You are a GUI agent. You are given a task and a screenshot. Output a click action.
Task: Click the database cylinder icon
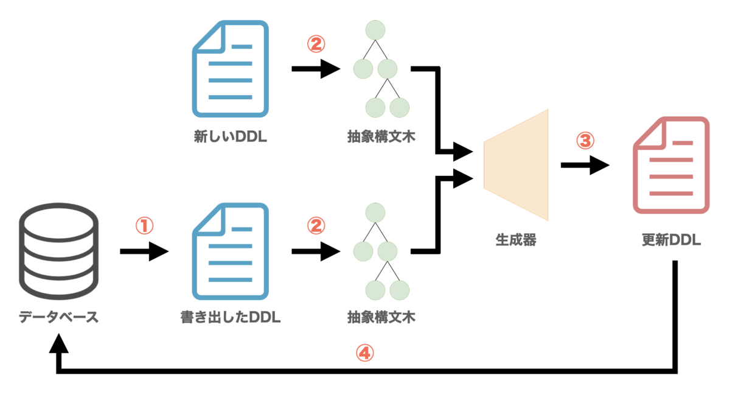click(58, 251)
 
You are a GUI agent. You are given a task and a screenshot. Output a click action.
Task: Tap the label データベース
click(58, 317)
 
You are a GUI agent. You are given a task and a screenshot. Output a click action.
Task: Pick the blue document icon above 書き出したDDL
click(231, 251)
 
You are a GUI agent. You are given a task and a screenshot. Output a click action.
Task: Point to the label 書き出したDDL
click(231, 317)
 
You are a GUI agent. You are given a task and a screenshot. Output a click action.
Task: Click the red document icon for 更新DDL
click(671, 166)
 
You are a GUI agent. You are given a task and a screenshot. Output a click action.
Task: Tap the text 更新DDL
click(671, 240)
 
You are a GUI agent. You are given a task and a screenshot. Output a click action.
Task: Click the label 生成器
click(516, 240)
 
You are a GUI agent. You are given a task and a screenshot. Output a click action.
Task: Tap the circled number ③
click(584, 141)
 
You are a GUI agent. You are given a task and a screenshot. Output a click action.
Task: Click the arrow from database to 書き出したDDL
click(144, 251)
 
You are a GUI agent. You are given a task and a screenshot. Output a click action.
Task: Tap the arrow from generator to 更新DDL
click(584, 165)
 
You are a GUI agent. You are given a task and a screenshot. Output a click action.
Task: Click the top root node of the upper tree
click(375, 30)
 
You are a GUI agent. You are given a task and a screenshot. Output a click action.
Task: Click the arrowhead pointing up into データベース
click(58, 344)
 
